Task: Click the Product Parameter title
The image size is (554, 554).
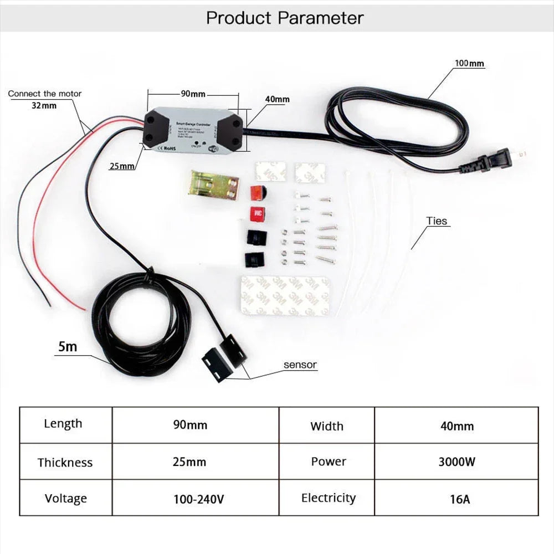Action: click(x=285, y=18)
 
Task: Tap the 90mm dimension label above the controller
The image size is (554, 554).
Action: click(x=193, y=94)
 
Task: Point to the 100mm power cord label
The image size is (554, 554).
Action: click(x=469, y=64)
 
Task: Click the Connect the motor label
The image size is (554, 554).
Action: click(x=44, y=94)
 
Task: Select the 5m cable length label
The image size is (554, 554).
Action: click(x=68, y=347)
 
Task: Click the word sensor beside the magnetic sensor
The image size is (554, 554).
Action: click(x=300, y=365)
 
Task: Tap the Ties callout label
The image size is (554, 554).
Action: click(x=437, y=221)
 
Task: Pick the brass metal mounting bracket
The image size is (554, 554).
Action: click(x=213, y=184)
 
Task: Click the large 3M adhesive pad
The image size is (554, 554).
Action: click(x=285, y=295)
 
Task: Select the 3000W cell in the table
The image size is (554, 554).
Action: click(x=456, y=461)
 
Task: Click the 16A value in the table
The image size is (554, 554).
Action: click(x=456, y=499)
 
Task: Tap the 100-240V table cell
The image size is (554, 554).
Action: click(x=198, y=499)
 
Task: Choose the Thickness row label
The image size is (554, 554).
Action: click(x=65, y=462)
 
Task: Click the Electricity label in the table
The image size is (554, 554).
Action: click(x=328, y=498)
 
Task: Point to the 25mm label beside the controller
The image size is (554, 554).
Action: click(x=122, y=166)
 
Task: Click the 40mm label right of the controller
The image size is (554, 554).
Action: click(x=277, y=99)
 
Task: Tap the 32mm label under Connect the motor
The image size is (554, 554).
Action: click(x=44, y=105)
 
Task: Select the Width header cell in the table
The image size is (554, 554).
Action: click(x=327, y=426)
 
